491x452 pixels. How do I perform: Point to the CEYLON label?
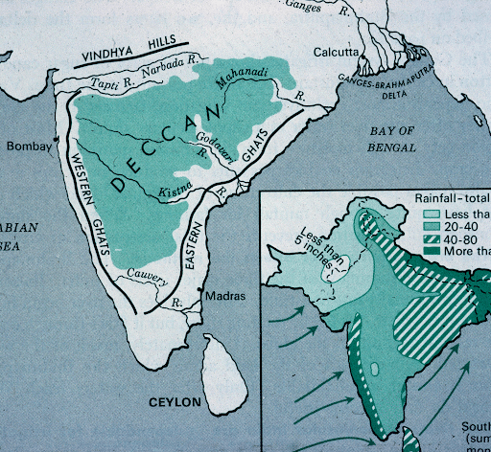(x=175, y=403)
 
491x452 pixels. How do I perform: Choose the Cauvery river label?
(x=148, y=280)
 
